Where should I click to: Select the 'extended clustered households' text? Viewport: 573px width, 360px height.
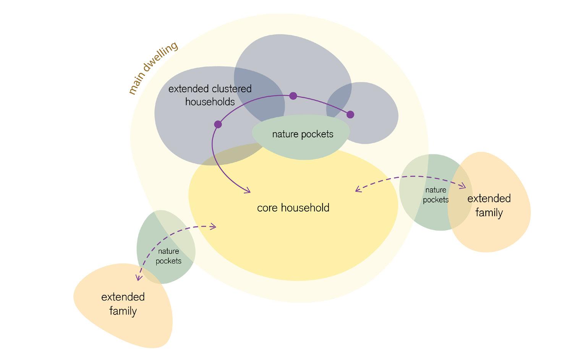click(x=210, y=95)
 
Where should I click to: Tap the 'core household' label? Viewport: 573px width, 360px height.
click(x=293, y=208)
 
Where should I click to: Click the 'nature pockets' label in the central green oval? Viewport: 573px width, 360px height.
click(x=303, y=134)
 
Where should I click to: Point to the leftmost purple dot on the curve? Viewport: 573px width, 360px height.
click(x=218, y=124)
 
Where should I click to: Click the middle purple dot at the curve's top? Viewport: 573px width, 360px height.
click(x=293, y=96)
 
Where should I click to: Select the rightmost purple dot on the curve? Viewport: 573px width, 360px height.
click(x=350, y=114)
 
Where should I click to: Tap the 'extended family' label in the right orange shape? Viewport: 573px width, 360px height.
click(x=489, y=205)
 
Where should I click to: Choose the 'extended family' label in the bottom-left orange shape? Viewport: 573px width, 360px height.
click(x=123, y=304)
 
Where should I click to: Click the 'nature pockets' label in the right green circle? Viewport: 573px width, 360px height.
click(x=435, y=195)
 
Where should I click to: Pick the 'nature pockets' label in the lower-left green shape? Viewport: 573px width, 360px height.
click(x=168, y=256)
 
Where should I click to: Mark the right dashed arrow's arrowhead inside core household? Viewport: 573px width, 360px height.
click(x=358, y=189)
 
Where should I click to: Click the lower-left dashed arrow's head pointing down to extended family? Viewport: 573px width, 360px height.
click(x=139, y=278)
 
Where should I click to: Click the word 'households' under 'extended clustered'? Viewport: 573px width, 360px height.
click(x=210, y=102)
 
